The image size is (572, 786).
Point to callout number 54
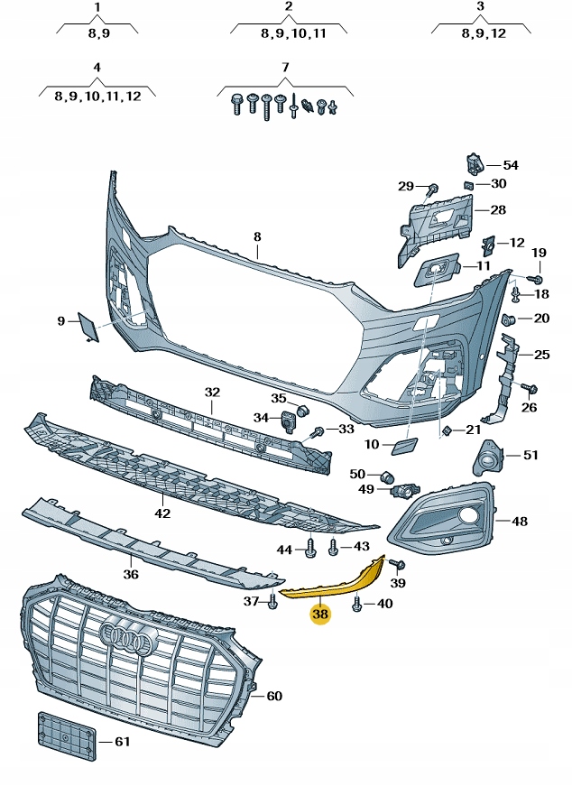click(510, 165)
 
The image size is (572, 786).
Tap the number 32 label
click(212, 393)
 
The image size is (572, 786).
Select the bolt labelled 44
click(309, 548)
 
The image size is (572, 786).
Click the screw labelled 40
click(359, 604)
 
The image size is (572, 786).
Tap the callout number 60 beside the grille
click(274, 696)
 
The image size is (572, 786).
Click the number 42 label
click(162, 513)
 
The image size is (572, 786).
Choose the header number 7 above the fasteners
click(285, 68)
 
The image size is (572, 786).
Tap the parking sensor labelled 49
click(401, 490)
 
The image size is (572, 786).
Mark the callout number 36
click(131, 574)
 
